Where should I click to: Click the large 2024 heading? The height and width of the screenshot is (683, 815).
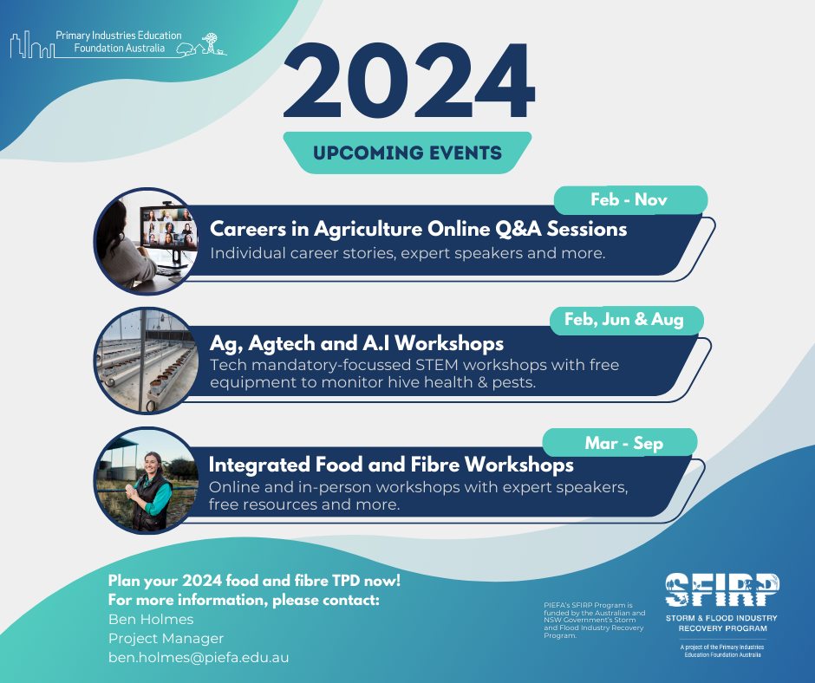click(x=408, y=81)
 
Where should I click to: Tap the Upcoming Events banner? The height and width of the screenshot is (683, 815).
click(x=407, y=153)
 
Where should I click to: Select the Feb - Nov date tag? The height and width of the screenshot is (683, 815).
click(x=630, y=199)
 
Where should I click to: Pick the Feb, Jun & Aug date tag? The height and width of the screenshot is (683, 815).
click(x=625, y=320)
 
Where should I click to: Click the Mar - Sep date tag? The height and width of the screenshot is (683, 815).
click(x=620, y=443)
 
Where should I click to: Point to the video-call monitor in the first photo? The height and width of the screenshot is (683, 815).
click(x=167, y=229)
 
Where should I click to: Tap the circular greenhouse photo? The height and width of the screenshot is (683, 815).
click(x=147, y=361)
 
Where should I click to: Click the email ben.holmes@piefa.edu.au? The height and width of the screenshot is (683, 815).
click(x=199, y=658)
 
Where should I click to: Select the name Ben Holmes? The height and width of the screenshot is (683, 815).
click(x=151, y=619)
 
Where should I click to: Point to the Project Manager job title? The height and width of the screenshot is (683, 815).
click(x=166, y=638)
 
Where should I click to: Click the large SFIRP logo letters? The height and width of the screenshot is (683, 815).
click(x=722, y=590)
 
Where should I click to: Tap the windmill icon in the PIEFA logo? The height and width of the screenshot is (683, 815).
click(x=211, y=42)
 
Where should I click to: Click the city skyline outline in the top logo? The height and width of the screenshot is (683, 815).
click(x=32, y=45)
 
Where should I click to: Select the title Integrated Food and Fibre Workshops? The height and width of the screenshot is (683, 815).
click(x=391, y=465)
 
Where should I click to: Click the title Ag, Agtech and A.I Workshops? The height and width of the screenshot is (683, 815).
click(x=356, y=343)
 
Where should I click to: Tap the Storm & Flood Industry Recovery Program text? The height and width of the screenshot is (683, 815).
click(x=722, y=623)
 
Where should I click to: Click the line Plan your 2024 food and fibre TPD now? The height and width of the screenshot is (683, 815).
click(x=254, y=581)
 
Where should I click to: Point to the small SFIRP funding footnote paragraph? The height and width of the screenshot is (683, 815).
click(x=594, y=620)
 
